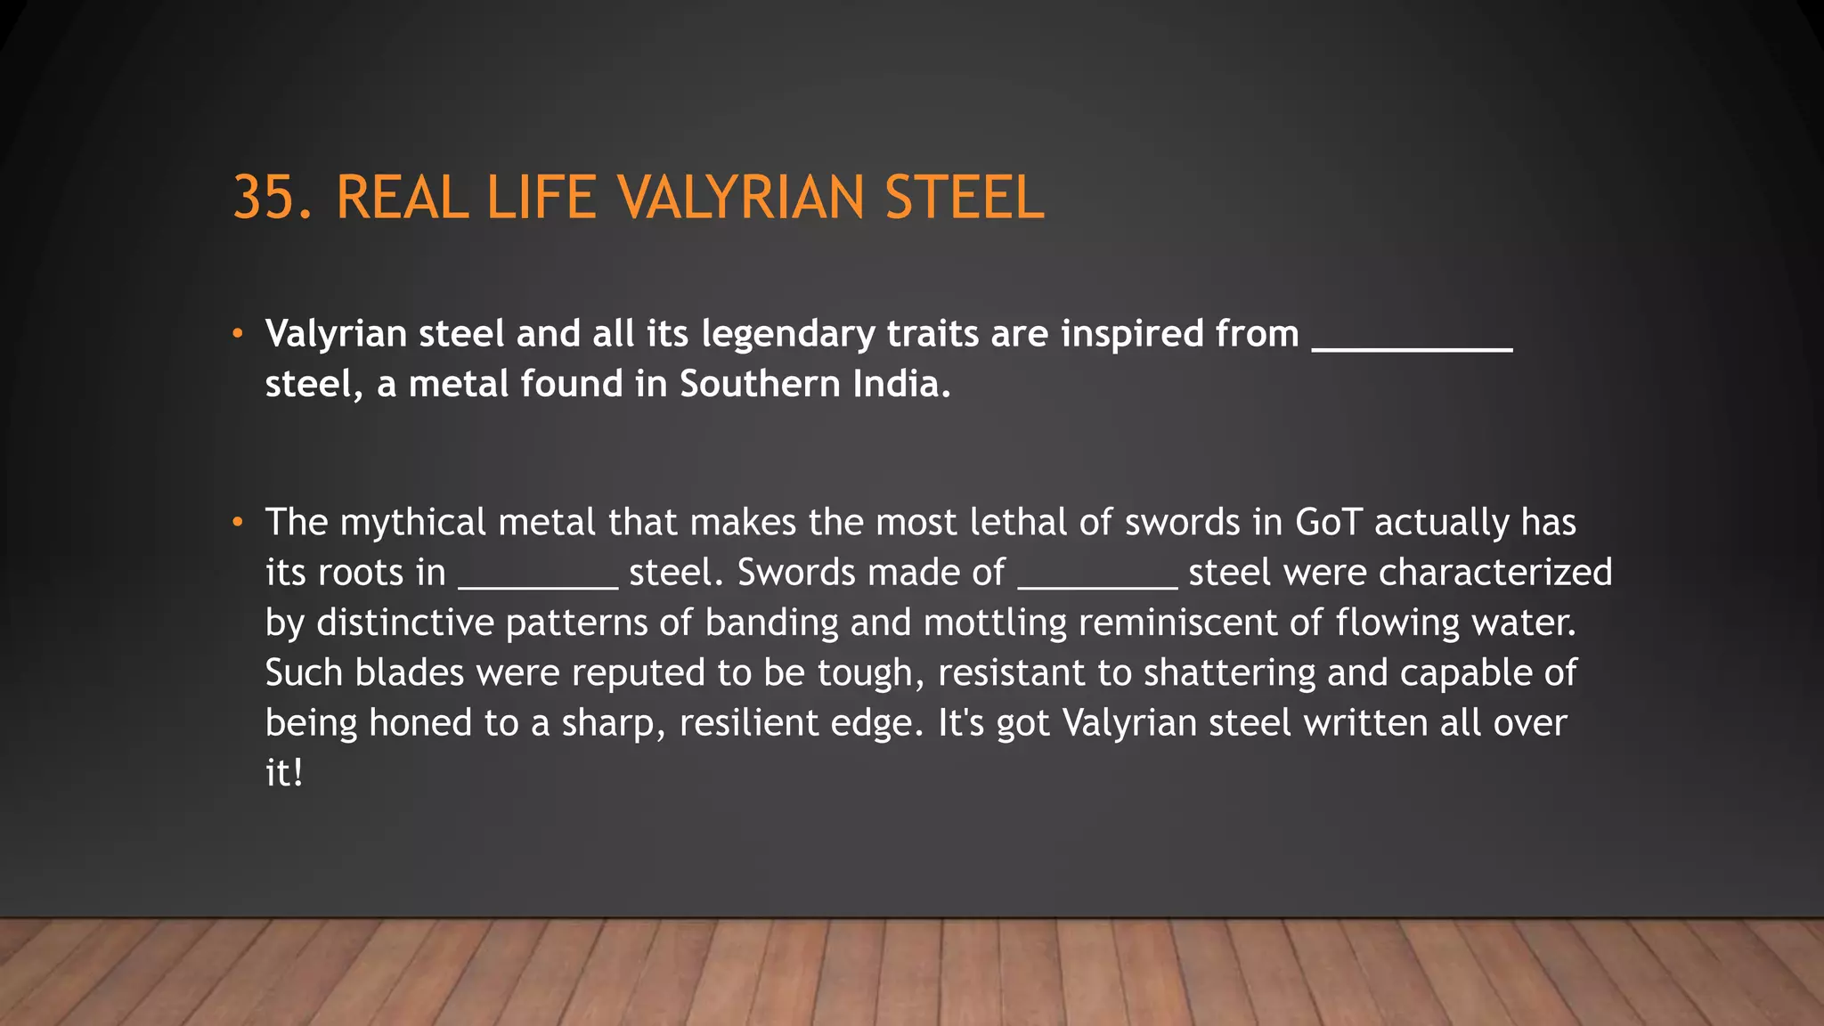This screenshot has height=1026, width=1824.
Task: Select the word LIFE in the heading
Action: tap(541, 198)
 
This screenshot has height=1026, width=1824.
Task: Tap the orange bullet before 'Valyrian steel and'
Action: tap(237, 334)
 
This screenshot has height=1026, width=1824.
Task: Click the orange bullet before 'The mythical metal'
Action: tap(237, 523)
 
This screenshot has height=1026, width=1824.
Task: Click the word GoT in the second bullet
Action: tap(1328, 523)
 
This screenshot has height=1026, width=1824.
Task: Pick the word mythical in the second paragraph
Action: tap(412, 523)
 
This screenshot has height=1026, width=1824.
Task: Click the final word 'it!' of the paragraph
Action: tap(284, 773)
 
